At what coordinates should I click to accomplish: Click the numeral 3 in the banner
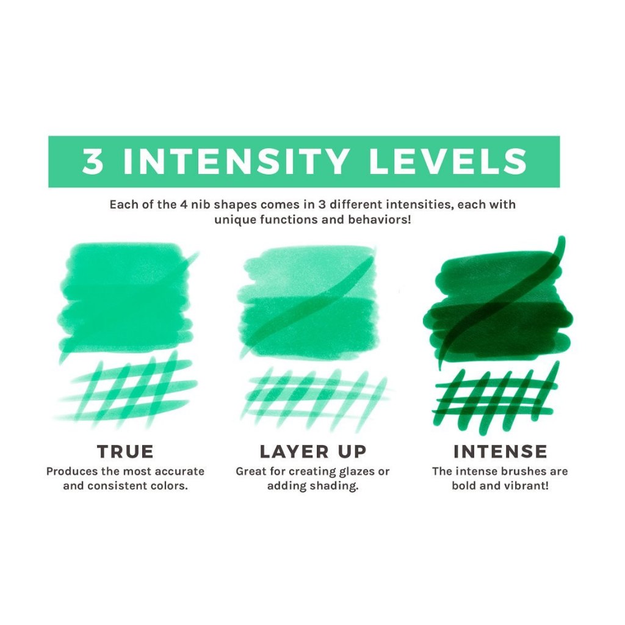pyautogui.click(x=93, y=161)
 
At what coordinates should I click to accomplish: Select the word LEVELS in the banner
pyautogui.click(x=448, y=161)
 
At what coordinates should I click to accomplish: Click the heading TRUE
pyautogui.click(x=125, y=452)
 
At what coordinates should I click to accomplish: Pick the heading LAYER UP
pyautogui.click(x=313, y=452)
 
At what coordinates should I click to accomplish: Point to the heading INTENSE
pyautogui.click(x=500, y=452)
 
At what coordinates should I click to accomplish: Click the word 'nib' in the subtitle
pyautogui.click(x=202, y=204)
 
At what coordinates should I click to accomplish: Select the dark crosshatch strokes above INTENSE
pyautogui.click(x=496, y=397)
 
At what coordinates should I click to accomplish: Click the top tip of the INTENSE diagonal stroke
pyautogui.click(x=562, y=239)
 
